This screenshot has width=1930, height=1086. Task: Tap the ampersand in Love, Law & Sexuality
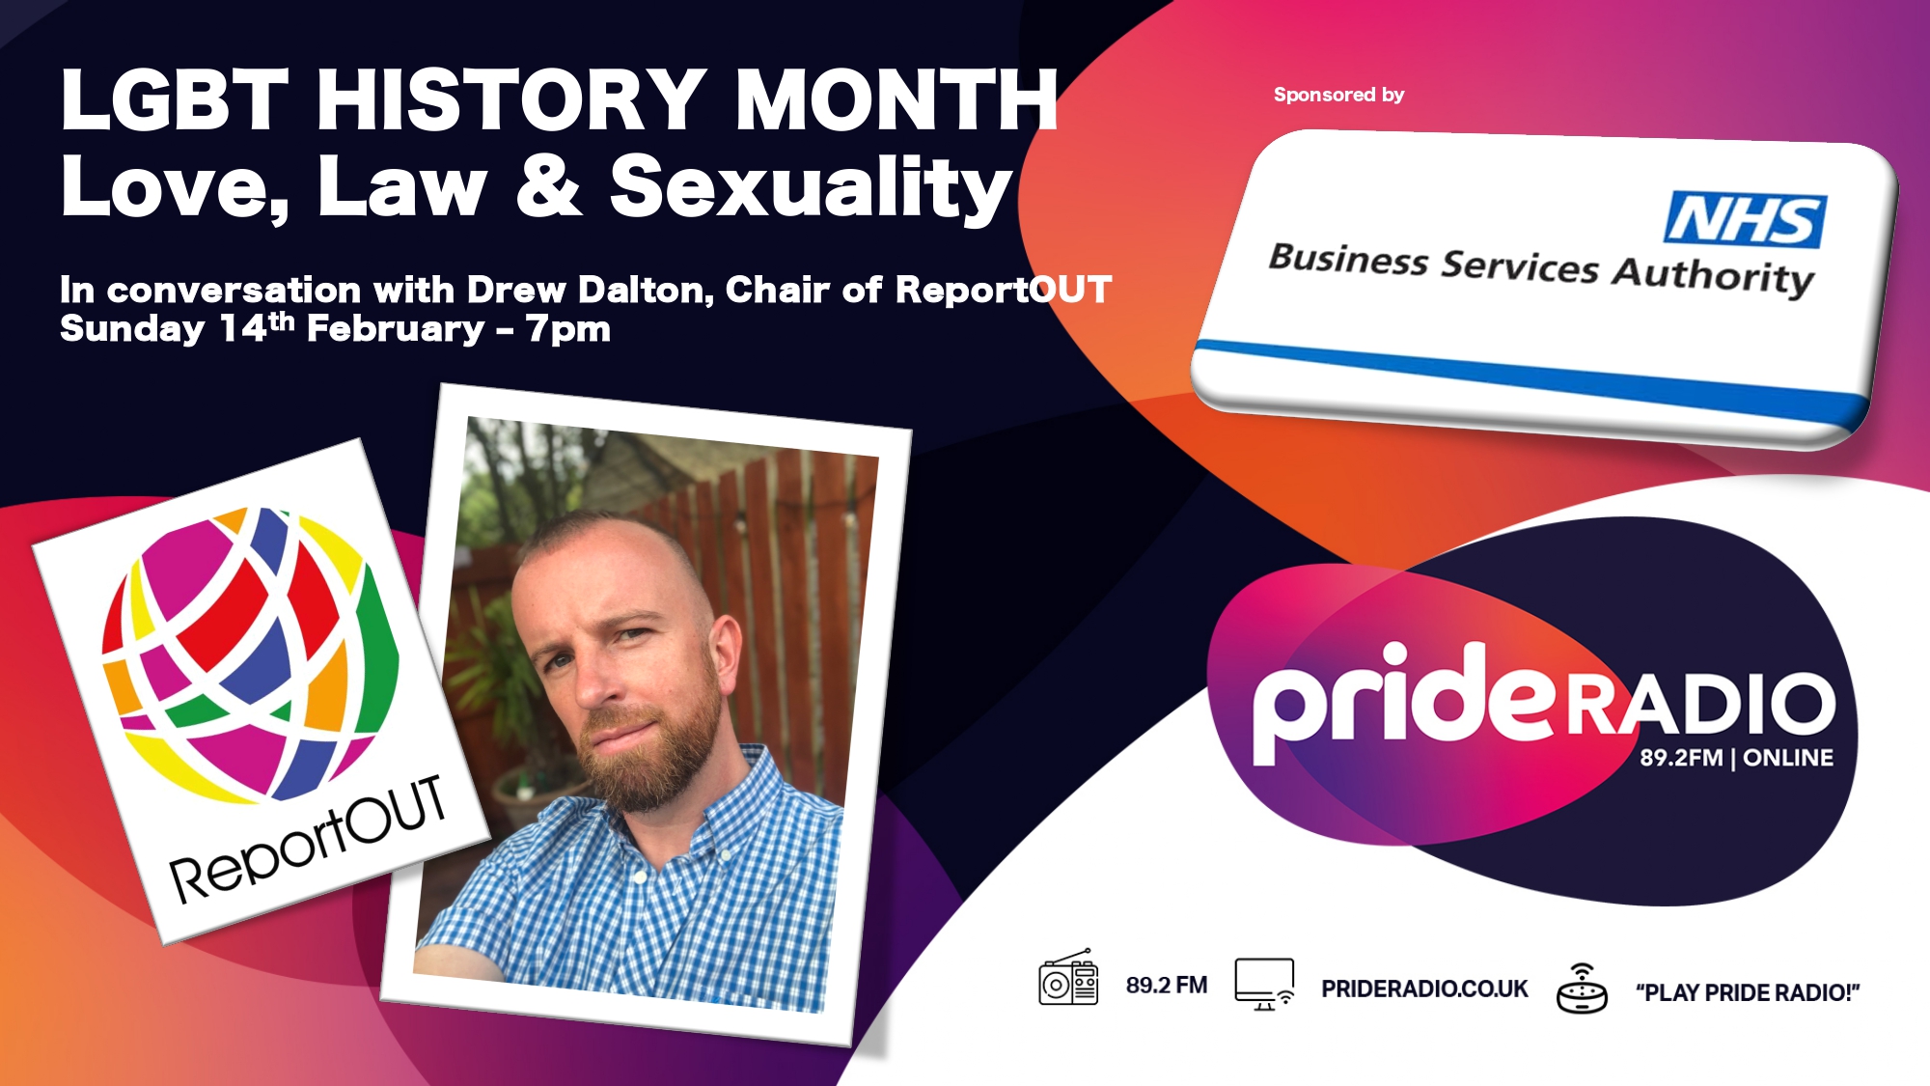[550, 184]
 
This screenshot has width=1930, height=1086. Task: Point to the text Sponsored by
[1338, 95]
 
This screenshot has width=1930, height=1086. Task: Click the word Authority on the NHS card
[1714, 276]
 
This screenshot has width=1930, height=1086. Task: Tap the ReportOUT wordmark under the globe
[308, 840]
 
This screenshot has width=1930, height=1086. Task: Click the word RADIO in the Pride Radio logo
[1699, 704]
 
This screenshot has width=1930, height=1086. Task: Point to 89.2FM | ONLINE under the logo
[1736, 758]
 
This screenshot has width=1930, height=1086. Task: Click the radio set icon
[1068, 978]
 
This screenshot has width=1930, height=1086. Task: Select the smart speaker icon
[1582, 989]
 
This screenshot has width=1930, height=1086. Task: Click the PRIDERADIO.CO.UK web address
[1424, 989]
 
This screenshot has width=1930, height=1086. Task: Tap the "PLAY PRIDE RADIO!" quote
[1748, 992]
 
